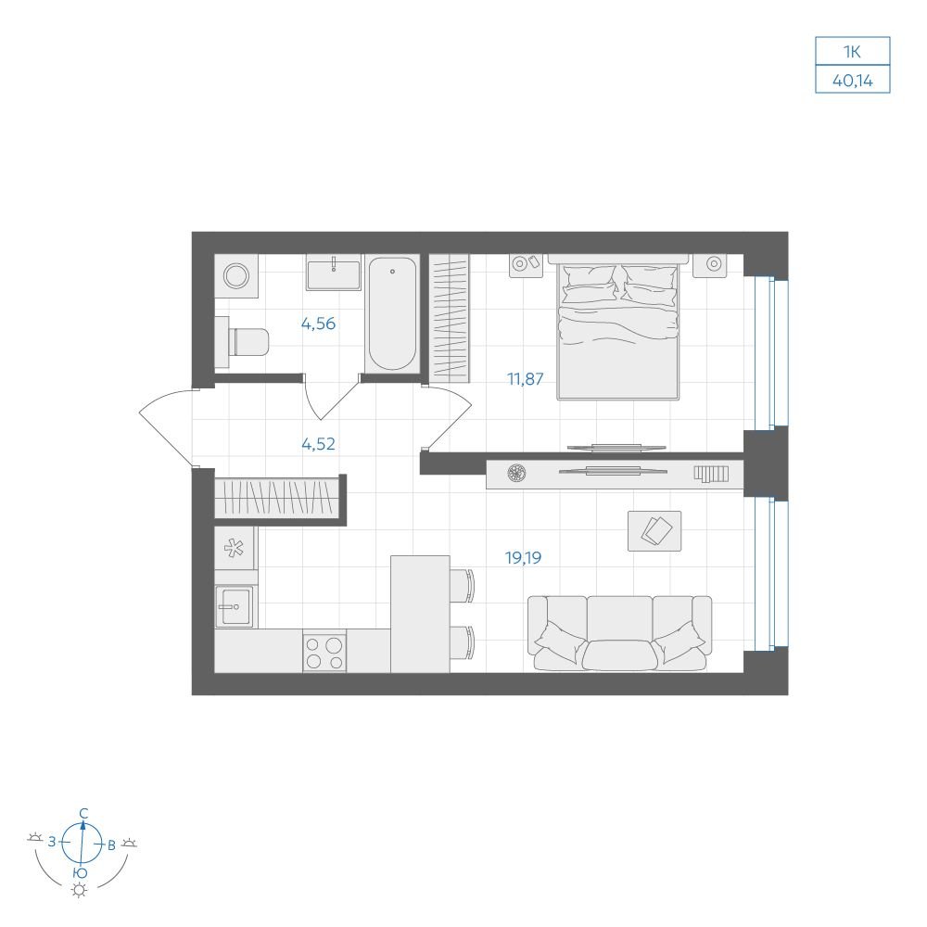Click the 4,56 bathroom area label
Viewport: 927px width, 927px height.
[318, 324]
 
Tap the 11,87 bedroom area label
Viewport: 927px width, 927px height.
[525, 379]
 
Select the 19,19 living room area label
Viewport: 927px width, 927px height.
[523, 557]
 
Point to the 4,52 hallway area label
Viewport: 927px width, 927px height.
[318, 444]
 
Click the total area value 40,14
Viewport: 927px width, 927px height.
[853, 81]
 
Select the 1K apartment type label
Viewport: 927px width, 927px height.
[852, 52]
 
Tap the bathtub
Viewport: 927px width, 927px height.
[392, 314]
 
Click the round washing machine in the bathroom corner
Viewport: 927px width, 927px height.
[236, 276]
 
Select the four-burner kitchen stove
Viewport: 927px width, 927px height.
[324, 652]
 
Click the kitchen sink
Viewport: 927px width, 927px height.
[235, 606]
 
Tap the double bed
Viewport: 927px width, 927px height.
[617, 327]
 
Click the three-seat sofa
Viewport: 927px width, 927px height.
[619, 633]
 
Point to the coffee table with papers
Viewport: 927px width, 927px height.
[654, 531]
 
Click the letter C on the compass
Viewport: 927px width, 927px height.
[83, 814]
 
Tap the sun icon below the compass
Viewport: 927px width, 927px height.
[79, 890]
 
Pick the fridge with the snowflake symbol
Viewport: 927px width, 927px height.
[235, 548]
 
